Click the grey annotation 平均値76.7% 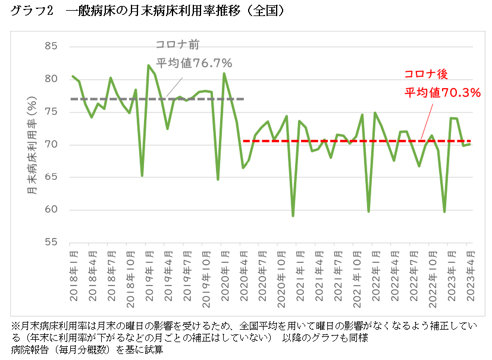193,63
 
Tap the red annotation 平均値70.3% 443,92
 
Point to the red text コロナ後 425,74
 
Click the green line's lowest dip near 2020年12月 293,215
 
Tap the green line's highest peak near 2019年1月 148,65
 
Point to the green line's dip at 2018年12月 142,176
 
